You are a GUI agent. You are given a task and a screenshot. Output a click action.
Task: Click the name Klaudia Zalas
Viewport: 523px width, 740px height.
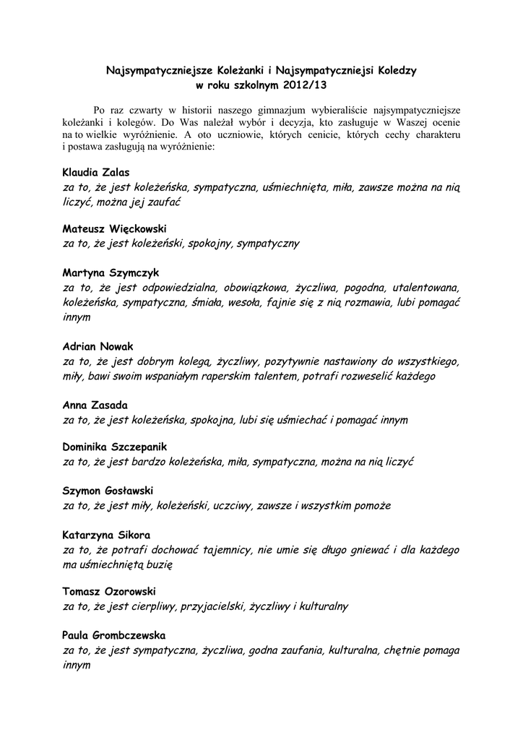point(96,173)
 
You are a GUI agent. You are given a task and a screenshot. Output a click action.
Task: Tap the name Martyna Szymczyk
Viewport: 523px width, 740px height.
point(111,273)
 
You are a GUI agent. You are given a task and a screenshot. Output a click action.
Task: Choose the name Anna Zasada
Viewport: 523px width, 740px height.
point(95,405)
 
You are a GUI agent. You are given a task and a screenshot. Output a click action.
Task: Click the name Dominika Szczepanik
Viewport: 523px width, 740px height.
point(115,447)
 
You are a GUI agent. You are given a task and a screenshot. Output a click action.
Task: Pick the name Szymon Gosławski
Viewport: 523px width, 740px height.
point(108,491)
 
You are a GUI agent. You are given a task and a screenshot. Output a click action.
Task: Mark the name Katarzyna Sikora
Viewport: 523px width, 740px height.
point(106,535)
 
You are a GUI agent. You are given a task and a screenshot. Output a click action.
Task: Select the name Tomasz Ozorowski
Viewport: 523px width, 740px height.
point(109,592)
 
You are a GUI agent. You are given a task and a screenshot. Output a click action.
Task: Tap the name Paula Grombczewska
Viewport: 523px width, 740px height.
point(114,636)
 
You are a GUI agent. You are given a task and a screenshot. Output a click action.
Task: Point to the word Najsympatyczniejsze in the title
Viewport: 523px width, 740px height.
point(152,72)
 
